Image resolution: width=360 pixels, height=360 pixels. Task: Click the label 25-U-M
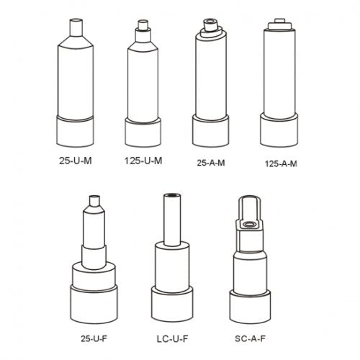(x=76, y=161)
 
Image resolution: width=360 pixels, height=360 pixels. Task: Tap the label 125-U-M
(x=143, y=161)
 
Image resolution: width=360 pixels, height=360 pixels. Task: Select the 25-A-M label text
(x=211, y=163)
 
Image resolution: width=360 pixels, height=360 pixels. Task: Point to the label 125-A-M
(x=281, y=163)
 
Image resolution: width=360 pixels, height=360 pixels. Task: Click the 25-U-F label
(x=94, y=338)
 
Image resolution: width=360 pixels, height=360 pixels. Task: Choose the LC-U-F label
(x=172, y=339)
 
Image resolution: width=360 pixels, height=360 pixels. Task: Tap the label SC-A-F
(x=250, y=338)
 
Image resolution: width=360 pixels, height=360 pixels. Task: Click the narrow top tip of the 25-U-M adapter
(x=76, y=27)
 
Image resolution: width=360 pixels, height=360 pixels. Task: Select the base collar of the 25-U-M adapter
(x=75, y=132)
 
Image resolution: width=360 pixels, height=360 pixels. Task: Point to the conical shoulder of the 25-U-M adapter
(x=76, y=42)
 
